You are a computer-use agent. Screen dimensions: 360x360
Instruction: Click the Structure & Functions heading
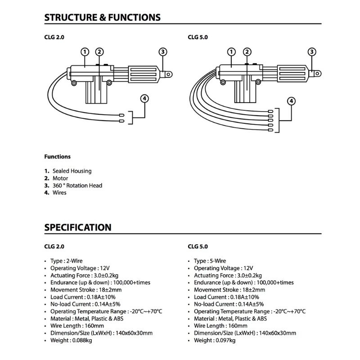pos(102,18)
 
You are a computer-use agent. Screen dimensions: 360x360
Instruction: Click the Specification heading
pos(78,227)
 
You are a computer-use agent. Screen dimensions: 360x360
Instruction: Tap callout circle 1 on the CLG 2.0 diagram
pos(85,52)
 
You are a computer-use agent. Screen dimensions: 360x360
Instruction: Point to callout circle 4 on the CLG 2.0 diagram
pos(144,98)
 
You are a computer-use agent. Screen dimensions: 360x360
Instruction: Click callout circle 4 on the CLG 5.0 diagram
pos(292,101)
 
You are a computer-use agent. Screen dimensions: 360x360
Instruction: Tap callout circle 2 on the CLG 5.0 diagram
pos(247,52)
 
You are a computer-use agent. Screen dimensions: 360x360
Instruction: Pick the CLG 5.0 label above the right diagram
pos(198,38)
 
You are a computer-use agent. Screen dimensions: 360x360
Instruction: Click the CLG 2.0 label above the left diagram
pos(54,38)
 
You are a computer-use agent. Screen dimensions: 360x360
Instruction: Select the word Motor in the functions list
pos(60,178)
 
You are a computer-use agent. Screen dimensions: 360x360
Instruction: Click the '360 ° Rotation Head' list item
pos(77,185)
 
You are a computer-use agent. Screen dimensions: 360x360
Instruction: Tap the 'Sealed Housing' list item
pos(72,171)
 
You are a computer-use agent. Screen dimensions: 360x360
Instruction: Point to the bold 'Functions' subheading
pos(57,157)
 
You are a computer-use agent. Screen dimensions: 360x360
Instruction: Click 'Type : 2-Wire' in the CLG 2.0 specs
pos(66,261)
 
